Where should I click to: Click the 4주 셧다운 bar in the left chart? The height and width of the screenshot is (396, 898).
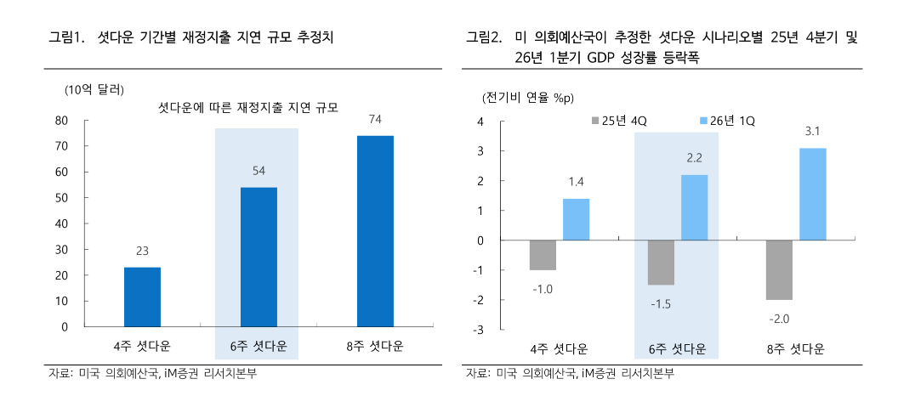click(x=142, y=297)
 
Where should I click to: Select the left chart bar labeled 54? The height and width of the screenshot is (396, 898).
click(x=259, y=257)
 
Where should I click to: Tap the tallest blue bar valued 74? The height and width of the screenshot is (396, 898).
click(x=375, y=231)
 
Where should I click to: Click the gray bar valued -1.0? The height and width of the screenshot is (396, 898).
click(x=543, y=255)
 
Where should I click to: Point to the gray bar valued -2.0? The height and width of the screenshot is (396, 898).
click(x=779, y=270)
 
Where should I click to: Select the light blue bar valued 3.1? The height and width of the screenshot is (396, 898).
click(x=812, y=194)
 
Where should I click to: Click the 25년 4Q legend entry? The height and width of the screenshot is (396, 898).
click(x=619, y=121)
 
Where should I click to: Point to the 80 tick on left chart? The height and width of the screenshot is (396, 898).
click(x=61, y=120)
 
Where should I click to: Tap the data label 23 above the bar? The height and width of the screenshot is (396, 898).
click(x=142, y=252)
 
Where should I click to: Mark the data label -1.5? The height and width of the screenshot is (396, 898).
click(x=660, y=304)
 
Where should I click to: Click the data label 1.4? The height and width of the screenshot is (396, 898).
click(x=577, y=183)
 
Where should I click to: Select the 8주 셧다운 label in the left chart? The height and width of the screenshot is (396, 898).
click(x=375, y=347)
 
